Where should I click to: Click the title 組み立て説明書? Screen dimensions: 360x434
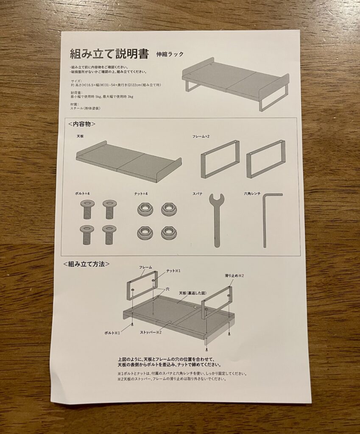pyautogui.click(x=109, y=53)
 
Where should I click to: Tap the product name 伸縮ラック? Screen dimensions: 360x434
pyautogui.click(x=170, y=54)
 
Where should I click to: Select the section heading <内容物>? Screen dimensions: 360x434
pyautogui.click(x=82, y=124)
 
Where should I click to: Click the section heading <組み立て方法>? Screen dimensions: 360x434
pyautogui.click(x=87, y=264)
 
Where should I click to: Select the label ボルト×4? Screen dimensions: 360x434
pyautogui.click(x=82, y=194)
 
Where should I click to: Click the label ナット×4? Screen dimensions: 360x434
pyautogui.click(x=141, y=194)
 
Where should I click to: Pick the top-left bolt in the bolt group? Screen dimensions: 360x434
pyautogui.click(x=86, y=209)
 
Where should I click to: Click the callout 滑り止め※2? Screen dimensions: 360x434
pyautogui.click(x=234, y=275)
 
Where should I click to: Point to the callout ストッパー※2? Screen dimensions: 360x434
pyautogui.click(x=151, y=332)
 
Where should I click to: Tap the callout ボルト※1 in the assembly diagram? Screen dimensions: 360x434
pyautogui.click(x=112, y=332)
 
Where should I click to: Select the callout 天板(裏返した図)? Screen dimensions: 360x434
pyautogui.click(x=193, y=293)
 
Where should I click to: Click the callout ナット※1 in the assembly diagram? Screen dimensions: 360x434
pyautogui.click(x=173, y=270)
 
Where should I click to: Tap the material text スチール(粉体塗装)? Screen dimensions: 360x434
pyautogui.click(x=85, y=108)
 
